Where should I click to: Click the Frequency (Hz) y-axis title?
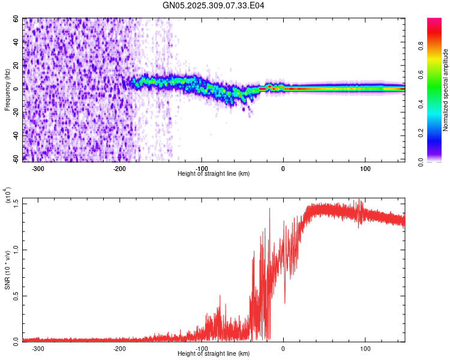[x=8, y=89]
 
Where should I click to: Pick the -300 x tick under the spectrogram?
[x=37, y=169]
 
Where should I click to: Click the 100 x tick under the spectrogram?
[x=365, y=169]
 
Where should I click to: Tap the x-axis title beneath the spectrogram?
[x=214, y=174]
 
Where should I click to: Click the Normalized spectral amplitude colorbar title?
[x=446, y=90]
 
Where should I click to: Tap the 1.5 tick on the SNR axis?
[x=17, y=205]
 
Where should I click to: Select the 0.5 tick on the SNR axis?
[x=17, y=296]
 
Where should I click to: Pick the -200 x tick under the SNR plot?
[x=119, y=348]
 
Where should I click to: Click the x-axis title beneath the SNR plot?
[x=214, y=353]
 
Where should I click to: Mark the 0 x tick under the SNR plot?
[x=284, y=348]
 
